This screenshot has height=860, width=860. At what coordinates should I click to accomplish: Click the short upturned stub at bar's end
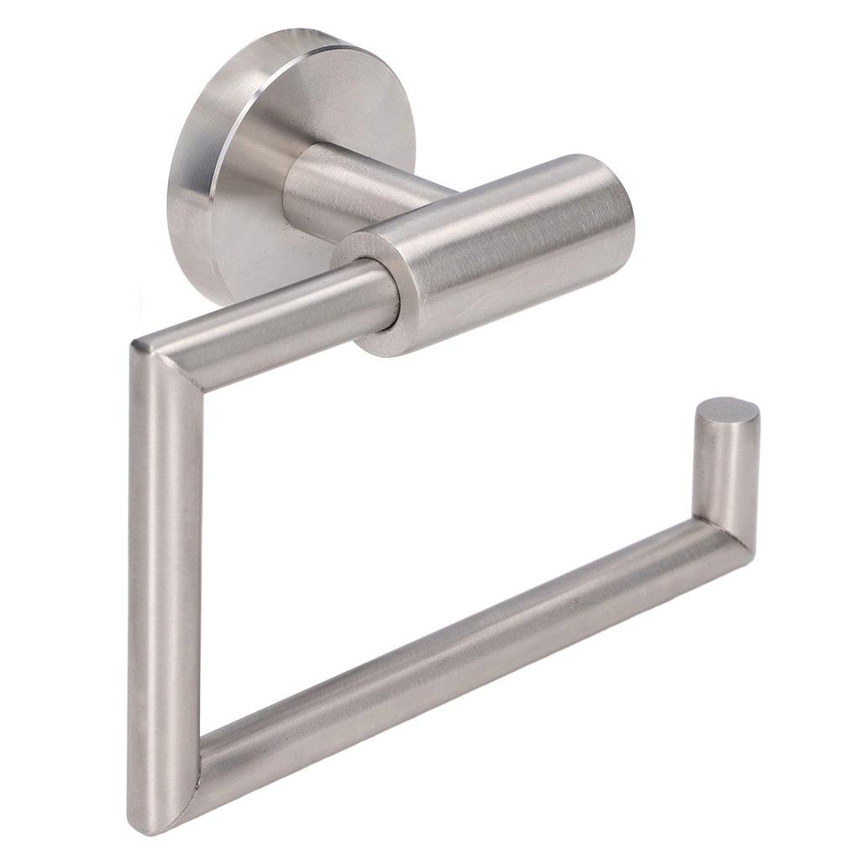(x=724, y=470)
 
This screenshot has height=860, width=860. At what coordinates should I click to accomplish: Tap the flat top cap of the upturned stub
(x=727, y=412)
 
